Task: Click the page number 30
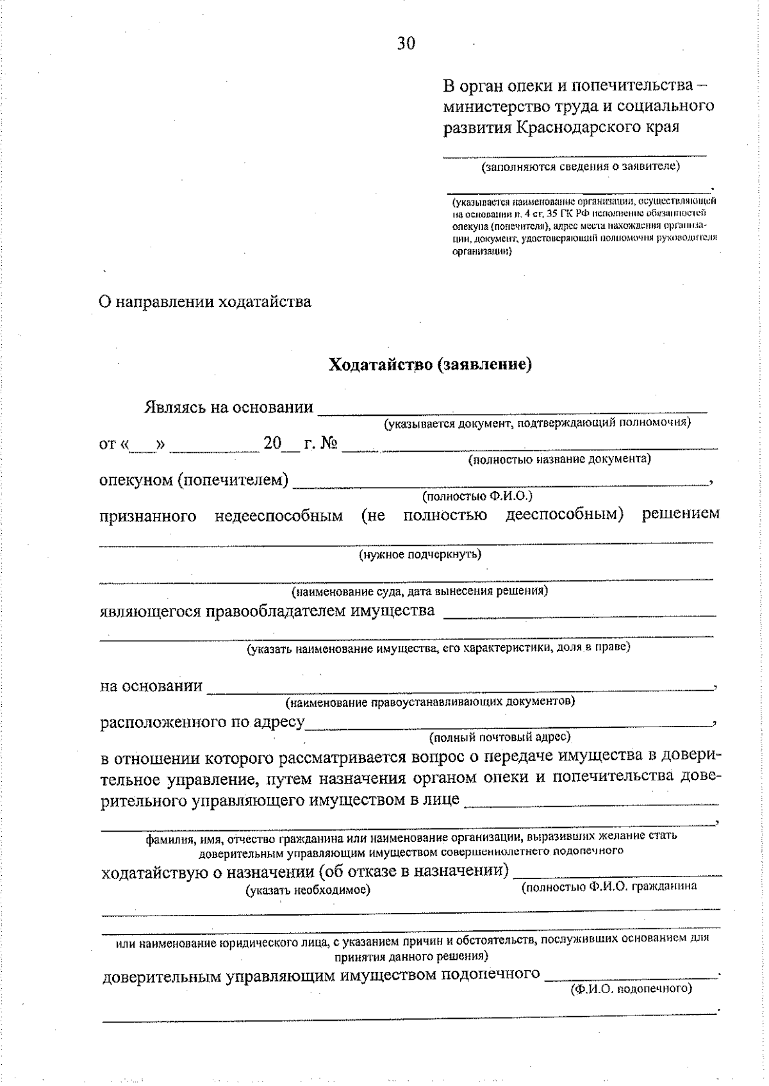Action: pos(406,44)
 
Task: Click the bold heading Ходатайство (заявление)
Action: pos(430,365)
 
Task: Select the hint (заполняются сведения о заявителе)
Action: pos(580,167)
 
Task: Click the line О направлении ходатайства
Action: pos(205,302)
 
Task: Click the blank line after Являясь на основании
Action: pos(513,410)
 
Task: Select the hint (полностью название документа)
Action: pos(559,459)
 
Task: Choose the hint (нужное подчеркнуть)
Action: pos(420,554)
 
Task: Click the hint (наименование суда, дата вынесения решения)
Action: pos(419,591)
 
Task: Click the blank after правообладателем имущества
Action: pos(579,614)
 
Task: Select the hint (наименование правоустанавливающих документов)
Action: pos(430,702)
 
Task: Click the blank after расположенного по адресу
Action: pos(509,725)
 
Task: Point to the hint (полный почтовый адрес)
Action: pos(500,737)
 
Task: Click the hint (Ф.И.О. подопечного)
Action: pos(631,989)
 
